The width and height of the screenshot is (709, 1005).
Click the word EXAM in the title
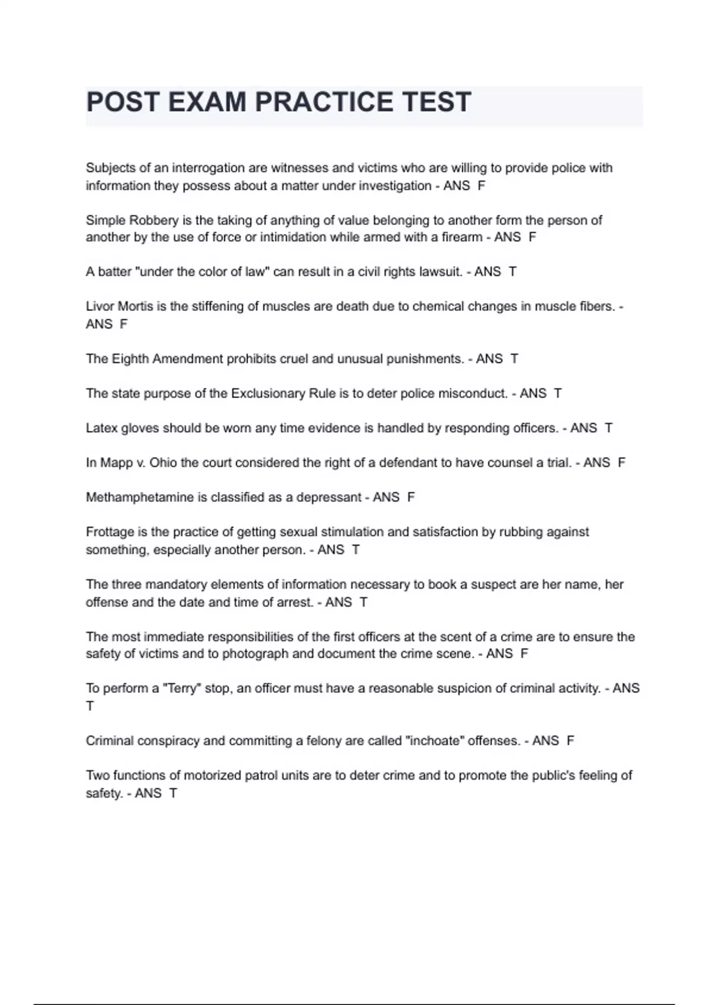[x=207, y=102]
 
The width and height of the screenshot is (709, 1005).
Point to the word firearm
[x=461, y=237]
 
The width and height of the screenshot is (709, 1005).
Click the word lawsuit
[x=440, y=272]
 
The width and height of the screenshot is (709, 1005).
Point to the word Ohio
[x=163, y=463]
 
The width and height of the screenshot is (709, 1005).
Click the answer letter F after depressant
[x=411, y=498]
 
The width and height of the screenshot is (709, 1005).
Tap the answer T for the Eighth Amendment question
[x=514, y=359]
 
